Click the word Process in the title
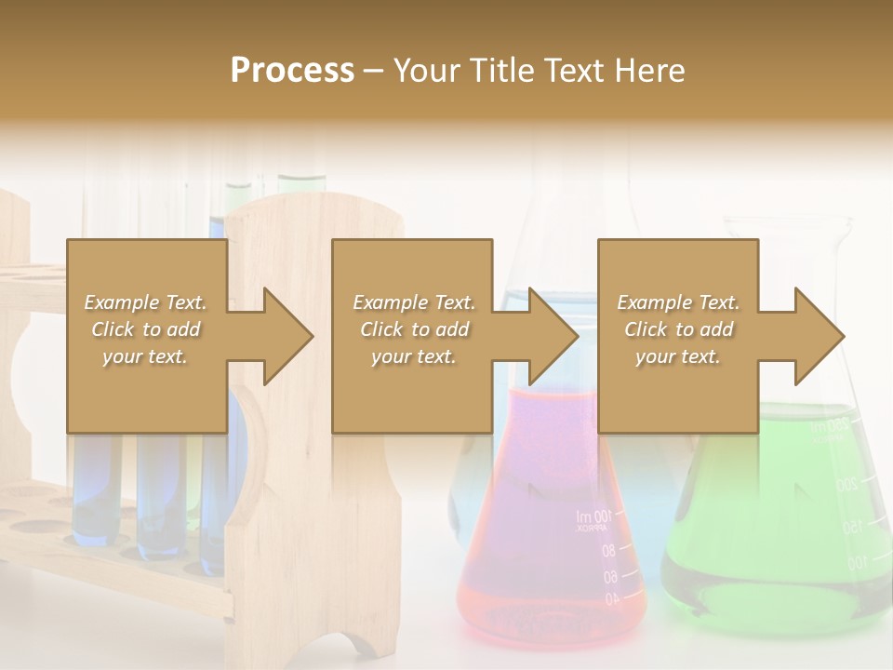pos(292,71)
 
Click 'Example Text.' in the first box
pos(146,302)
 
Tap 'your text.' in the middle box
pos(413,356)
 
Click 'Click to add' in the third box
pos(678,329)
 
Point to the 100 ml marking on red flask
pos(594,516)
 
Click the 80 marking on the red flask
pos(608,550)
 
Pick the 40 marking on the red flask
pos(610,600)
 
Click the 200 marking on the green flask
pos(845,485)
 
